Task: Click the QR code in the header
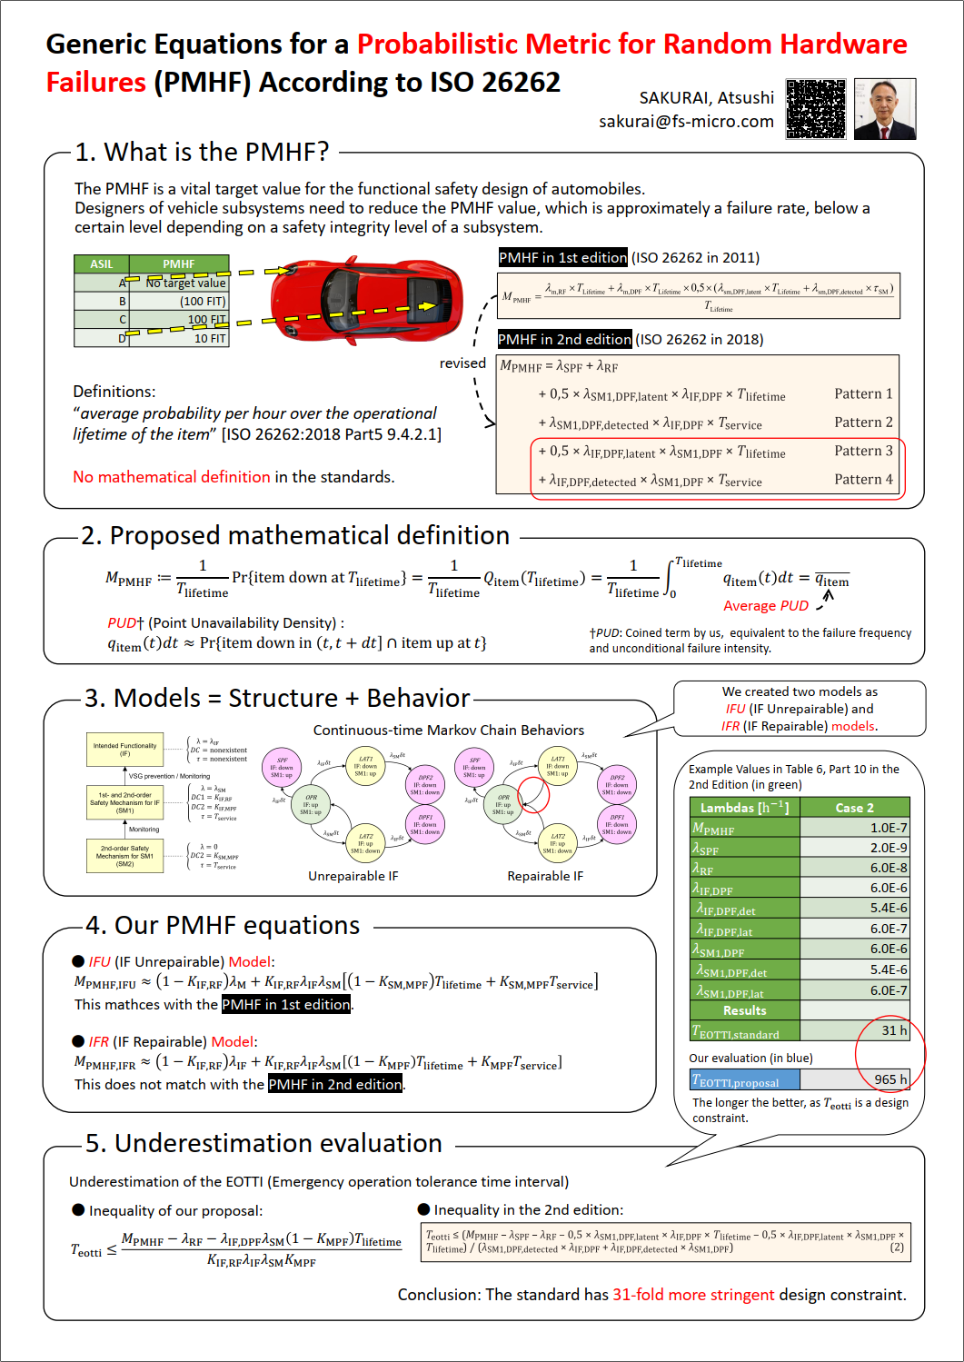[816, 109]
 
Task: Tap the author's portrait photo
[885, 109]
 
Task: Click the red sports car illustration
[365, 300]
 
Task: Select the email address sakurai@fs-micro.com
[686, 121]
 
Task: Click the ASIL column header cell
[102, 264]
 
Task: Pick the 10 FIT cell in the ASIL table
[209, 338]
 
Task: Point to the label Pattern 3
[863, 451]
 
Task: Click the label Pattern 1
[863, 393]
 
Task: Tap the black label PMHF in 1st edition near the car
[562, 257]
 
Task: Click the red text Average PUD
[765, 606]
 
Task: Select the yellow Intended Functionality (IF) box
[124, 750]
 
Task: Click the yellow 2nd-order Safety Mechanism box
[124, 856]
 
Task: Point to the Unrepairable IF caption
[353, 876]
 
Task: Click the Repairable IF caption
[545, 876]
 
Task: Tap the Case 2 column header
[854, 808]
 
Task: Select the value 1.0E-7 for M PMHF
[888, 828]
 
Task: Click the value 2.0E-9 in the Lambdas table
[888, 848]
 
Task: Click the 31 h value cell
[893, 1030]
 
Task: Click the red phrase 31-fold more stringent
[693, 1295]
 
